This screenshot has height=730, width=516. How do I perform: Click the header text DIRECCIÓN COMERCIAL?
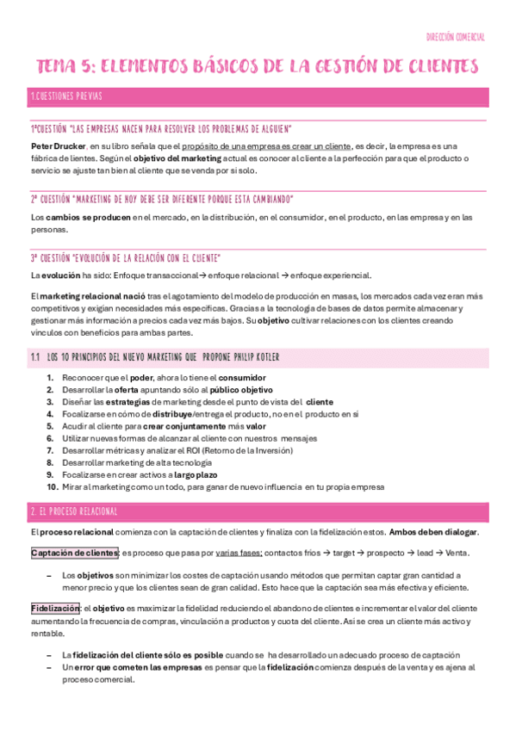456,37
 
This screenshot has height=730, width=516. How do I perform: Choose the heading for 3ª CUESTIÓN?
126,257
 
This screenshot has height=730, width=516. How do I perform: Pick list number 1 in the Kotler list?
51,378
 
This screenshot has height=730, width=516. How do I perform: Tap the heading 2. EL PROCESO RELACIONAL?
73,511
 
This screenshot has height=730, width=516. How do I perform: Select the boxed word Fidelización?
55,608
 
